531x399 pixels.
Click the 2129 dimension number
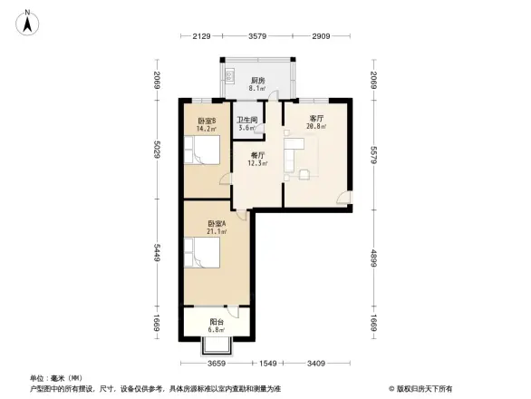(x=201, y=37)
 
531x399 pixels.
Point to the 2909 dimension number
(x=322, y=37)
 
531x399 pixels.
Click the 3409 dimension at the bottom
(x=317, y=365)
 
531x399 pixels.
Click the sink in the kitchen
(x=230, y=75)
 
